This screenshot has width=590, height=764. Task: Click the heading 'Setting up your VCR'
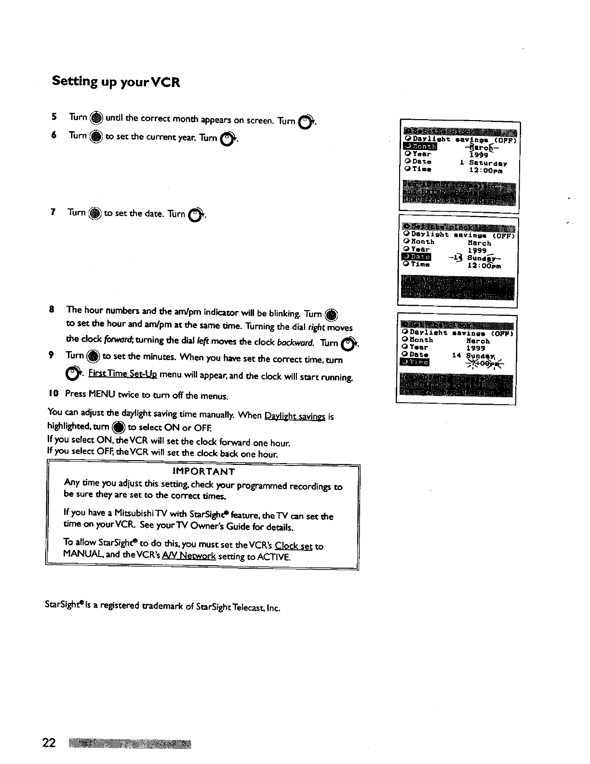coord(116,82)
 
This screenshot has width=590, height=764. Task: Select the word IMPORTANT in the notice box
coord(203,472)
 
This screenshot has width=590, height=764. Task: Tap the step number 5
coord(54,117)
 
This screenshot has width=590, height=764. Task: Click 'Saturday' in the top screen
coord(488,164)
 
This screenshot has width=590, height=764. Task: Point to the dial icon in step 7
coord(95,213)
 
